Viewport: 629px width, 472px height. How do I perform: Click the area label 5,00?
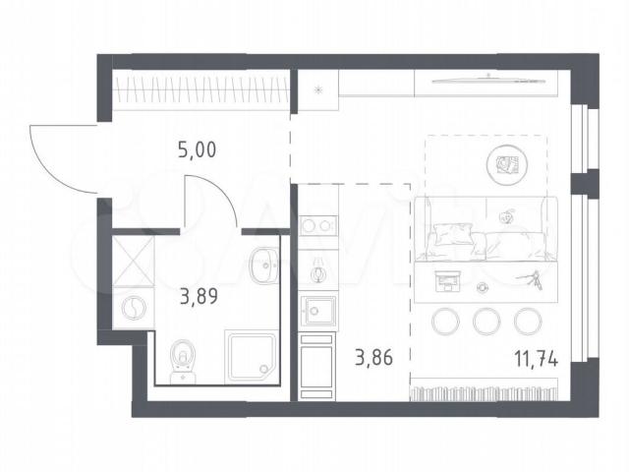pos(197,150)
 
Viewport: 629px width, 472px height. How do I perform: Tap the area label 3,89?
pos(199,297)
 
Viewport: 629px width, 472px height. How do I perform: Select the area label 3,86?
pos(373,357)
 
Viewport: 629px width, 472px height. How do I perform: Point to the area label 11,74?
pos(537,358)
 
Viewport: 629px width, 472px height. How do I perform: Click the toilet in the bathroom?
pos(184,362)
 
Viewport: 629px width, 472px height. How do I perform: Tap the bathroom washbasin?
pos(263,265)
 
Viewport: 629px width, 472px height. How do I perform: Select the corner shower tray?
pos(252,355)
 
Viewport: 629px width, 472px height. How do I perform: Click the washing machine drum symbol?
pos(133,308)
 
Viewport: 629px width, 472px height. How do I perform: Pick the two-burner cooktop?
pos(318,225)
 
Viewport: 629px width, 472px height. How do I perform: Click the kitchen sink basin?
pos(318,311)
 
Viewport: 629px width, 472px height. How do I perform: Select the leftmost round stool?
pos(445,322)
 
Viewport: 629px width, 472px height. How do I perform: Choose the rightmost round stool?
pos(528,322)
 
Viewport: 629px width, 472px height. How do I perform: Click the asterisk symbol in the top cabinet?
pos(318,90)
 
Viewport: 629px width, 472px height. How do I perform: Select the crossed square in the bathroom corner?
pos(133,262)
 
